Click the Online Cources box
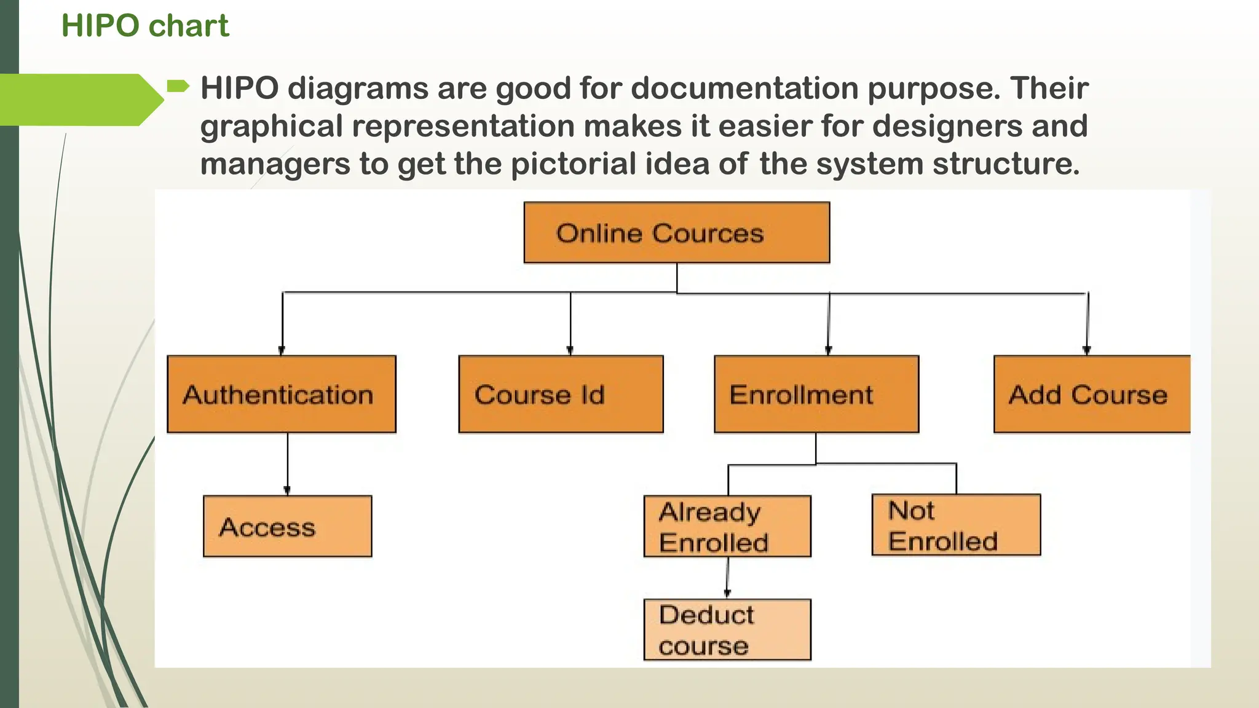[x=676, y=233]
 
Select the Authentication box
[x=282, y=394]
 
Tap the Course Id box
[x=561, y=394]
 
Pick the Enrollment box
[x=816, y=394]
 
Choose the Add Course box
[x=1092, y=394]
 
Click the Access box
[x=287, y=526]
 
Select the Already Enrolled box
[x=727, y=526]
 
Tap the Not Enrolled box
[x=956, y=525]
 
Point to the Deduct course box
[x=727, y=629]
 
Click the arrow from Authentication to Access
[x=287, y=464]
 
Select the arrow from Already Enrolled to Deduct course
[x=728, y=578]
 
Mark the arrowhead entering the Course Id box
[x=570, y=350]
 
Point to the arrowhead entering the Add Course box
[x=1087, y=350]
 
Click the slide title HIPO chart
[x=145, y=26]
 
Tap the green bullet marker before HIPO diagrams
[x=178, y=86]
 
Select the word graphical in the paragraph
[x=271, y=127]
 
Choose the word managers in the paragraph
[x=275, y=164]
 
